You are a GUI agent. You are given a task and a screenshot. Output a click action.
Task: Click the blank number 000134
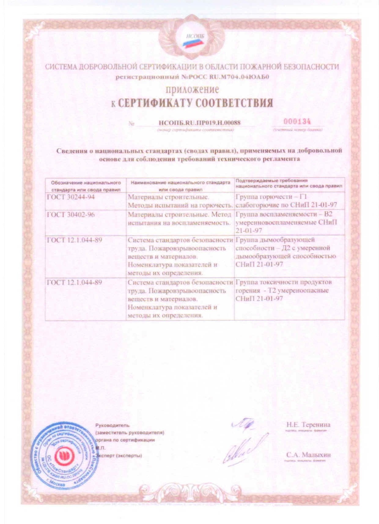pyautogui.click(x=297, y=121)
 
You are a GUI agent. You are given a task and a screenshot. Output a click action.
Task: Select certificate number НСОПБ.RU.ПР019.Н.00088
pyautogui.click(x=200, y=123)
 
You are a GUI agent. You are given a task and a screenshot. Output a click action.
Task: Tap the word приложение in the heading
pyautogui.click(x=192, y=89)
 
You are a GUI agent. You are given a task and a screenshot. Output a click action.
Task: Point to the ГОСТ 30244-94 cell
pyautogui.click(x=71, y=197)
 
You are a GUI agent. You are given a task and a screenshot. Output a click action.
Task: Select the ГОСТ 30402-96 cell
pyautogui.click(x=71, y=214)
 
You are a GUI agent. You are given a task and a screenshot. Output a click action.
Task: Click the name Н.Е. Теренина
pyautogui.click(x=308, y=425)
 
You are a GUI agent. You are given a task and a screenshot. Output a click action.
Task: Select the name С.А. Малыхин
pyautogui.click(x=308, y=455)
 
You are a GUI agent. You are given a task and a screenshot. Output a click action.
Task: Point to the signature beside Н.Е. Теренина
pyautogui.click(x=242, y=424)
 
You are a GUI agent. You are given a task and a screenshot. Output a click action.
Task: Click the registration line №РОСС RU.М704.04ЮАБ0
pyautogui.click(x=192, y=77)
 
